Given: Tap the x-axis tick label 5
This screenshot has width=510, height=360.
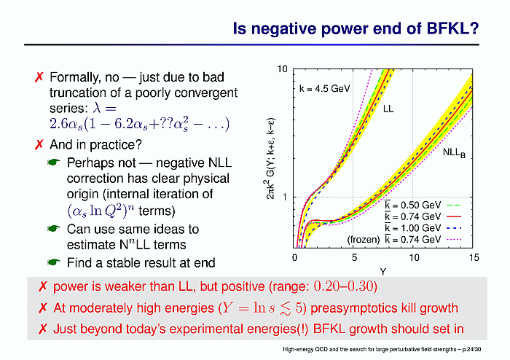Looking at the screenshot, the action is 354,258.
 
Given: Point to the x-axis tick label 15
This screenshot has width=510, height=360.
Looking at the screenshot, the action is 474,258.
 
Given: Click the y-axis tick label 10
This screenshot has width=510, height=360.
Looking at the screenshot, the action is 283,69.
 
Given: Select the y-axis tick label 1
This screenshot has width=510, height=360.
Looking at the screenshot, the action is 285,197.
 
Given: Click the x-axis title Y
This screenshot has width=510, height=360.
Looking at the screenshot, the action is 382,272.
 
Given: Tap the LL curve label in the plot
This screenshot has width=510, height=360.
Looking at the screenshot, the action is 388,109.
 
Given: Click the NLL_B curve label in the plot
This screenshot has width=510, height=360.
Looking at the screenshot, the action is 454,152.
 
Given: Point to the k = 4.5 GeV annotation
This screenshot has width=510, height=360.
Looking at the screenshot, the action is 325,88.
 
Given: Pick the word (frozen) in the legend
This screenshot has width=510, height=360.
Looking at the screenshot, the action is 364,240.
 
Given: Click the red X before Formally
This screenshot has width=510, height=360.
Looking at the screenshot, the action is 39,77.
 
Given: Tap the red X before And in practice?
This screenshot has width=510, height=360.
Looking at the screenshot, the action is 39,145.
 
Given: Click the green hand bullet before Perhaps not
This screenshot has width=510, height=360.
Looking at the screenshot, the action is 54,162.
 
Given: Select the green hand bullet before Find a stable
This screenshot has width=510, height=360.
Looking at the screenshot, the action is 54,262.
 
